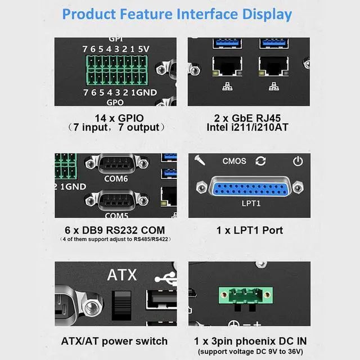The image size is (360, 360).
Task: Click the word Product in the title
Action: (x=89, y=14)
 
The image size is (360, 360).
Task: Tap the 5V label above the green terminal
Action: (x=143, y=49)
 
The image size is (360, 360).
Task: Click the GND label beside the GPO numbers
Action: (x=146, y=92)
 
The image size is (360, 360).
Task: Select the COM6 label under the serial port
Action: (x=116, y=179)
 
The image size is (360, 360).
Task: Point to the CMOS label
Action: (x=234, y=161)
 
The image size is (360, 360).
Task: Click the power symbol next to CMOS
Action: (x=298, y=161)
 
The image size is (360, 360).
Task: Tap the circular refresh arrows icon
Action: (x=260, y=161)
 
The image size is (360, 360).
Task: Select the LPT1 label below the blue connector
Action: (x=251, y=203)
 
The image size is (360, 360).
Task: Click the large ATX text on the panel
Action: (x=122, y=274)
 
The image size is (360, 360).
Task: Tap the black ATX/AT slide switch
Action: (x=121, y=305)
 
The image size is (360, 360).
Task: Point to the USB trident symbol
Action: (x=166, y=278)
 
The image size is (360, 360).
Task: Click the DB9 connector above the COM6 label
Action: (x=116, y=164)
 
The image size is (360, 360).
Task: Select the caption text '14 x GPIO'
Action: (x=119, y=118)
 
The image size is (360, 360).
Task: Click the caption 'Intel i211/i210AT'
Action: (x=247, y=128)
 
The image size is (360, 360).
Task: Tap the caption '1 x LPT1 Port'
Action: (x=250, y=230)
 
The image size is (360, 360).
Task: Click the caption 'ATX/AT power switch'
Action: (x=114, y=341)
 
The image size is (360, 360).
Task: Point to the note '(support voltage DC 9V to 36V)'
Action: (x=250, y=352)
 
